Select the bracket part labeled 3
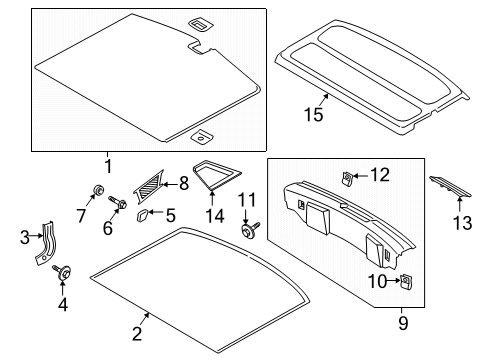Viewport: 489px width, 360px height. (48, 247)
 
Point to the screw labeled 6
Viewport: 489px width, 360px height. (116, 207)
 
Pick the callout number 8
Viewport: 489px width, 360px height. (183, 183)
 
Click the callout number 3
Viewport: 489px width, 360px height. (25, 237)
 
